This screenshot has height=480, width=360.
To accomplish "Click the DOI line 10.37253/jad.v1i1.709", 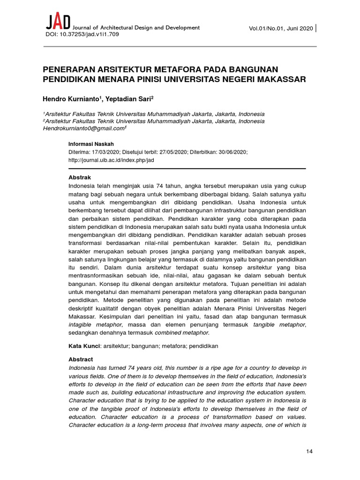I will click(82, 35).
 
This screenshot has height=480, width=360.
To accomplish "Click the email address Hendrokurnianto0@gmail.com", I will click(84, 128).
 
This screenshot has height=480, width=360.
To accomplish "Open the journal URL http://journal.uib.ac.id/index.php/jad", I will click(111, 160).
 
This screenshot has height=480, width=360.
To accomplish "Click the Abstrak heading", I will click(80, 178).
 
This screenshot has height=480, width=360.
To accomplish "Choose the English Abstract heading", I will click(81, 359).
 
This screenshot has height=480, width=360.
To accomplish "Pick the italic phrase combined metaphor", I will click(181, 333).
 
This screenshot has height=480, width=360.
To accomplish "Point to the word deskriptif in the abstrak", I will click(85, 308).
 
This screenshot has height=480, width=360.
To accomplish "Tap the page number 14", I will click(309, 451).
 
